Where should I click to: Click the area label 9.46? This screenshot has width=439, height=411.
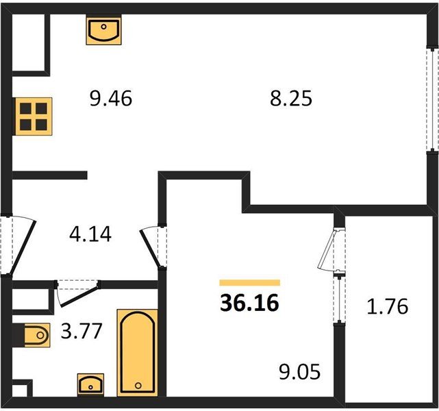pyautogui.click(x=111, y=99)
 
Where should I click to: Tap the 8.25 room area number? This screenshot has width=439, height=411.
pyautogui.click(x=291, y=99)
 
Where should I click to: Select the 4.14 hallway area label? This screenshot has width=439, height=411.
pyautogui.click(x=90, y=234)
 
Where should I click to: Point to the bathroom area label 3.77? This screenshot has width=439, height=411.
pyautogui.click(x=81, y=331)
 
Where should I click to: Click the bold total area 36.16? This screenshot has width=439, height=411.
pyautogui.click(x=249, y=303)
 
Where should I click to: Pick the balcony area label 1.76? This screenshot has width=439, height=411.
pyautogui.click(x=388, y=306)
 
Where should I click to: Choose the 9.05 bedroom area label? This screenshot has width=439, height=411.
pyautogui.click(x=299, y=372)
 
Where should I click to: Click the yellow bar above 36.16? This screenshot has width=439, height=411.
pyautogui.click(x=250, y=283)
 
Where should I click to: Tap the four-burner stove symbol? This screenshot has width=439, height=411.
pyautogui.click(x=34, y=116)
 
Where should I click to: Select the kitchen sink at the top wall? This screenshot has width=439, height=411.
pyautogui.click(x=104, y=30)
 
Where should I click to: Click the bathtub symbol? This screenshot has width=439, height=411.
pyautogui.click(x=138, y=353)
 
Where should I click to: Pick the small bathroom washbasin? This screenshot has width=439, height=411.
pyautogui.click(x=90, y=385)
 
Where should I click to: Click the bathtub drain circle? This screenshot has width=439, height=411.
pyautogui.click(x=138, y=386)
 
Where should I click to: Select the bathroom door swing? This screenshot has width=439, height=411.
pyautogui.click(x=77, y=292)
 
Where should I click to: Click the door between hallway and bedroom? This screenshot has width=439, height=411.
pyautogui.click(x=153, y=247)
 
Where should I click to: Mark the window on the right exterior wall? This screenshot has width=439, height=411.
pyautogui.click(x=433, y=100)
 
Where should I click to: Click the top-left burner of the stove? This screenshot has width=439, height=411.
pyautogui.click(x=25, y=108)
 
